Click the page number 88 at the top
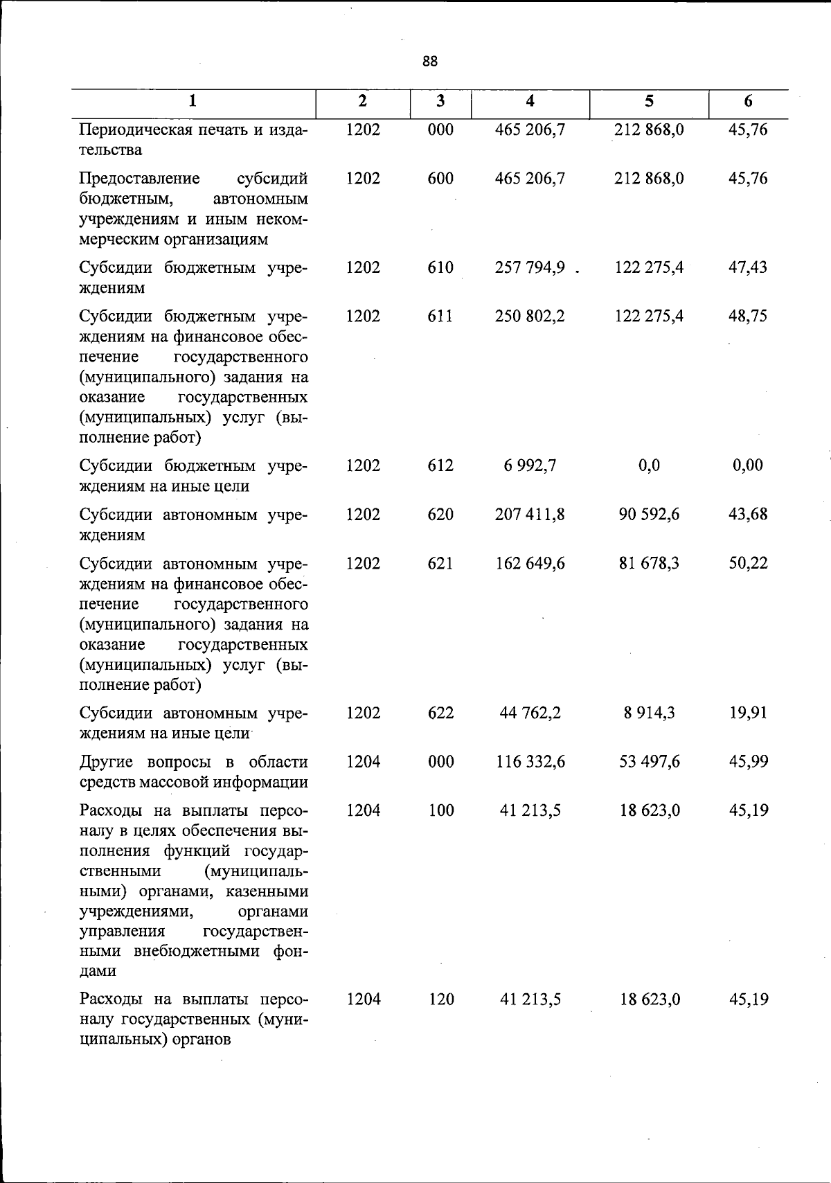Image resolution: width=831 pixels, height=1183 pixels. click(x=429, y=62)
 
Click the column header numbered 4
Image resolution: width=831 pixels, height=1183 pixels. click(x=530, y=101)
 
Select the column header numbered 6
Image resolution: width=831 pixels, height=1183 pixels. click(x=748, y=101)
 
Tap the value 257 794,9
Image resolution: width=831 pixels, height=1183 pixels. click(x=530, y=267)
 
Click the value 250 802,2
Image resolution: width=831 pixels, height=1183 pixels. click(x=530, y=317)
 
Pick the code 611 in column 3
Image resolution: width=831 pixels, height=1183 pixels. click(x=440, y=317)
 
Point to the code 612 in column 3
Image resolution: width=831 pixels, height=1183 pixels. click(x=440, y=465)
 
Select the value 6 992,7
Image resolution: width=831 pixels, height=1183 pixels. click(x=530, y=465)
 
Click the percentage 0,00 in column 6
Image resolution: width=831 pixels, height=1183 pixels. click(x=748, y=465)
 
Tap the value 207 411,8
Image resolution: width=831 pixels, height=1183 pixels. click(x=530, y=515)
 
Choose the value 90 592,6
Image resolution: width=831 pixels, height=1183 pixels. click(x=649, y=515)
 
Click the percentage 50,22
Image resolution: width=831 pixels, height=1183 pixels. click(x=748, y=564)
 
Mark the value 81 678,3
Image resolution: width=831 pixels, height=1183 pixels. click(x=649, y=564)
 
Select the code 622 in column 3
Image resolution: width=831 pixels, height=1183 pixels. click(x=440, y=713)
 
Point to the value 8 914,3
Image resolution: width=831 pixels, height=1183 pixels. click(x=649, y=713)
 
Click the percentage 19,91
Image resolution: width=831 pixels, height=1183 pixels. click(x=748, y=713)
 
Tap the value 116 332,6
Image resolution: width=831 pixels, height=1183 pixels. click(x=530, y=762)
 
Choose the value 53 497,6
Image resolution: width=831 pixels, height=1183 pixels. click(x=649, y=762)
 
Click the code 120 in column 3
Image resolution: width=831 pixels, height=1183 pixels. click(x=440, y=999)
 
